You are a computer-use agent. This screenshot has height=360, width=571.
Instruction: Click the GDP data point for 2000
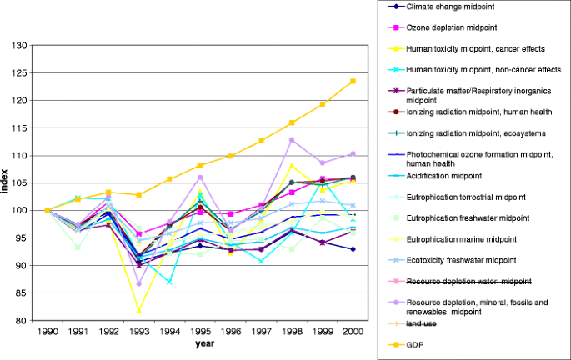[x=353, y=81]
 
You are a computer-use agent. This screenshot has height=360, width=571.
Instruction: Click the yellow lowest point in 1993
[x=139, y=311]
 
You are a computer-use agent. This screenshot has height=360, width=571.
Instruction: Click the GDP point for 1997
[x=261, y=141]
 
